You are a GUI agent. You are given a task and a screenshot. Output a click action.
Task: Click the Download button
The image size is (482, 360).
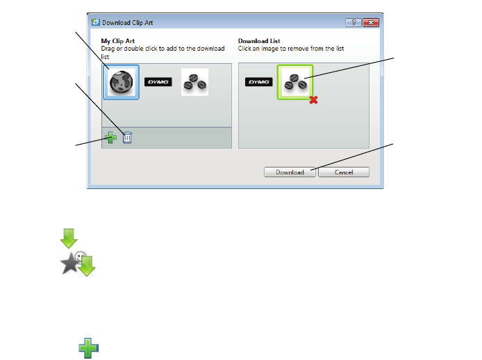coord(290,172)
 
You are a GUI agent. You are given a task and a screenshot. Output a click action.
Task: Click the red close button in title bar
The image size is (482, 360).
coord(371,23)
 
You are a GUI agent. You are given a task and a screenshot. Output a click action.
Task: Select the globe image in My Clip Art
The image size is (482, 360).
coord(122,82)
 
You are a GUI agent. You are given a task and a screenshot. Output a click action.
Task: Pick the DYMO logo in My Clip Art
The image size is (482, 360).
coord(157,82)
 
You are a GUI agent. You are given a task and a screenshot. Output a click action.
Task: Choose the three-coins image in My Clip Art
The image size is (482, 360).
coord(194,82)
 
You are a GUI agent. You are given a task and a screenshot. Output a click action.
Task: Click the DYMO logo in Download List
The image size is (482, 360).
coord(258,82)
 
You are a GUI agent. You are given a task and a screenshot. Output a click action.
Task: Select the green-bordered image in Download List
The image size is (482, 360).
coord(295,82)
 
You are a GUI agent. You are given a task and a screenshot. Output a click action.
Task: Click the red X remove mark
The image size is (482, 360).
coord(314,100)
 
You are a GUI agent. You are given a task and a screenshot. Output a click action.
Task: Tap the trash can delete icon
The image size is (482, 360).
coord(127,138)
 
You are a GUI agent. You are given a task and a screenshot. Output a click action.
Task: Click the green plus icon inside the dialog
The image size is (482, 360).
coord(111,138)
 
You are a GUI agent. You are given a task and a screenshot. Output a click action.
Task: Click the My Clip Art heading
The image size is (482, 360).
coord(118,41)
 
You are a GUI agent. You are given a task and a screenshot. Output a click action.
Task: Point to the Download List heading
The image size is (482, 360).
coord(260,41)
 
